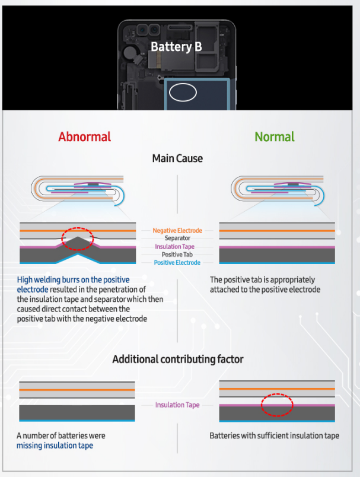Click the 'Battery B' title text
point(176,46)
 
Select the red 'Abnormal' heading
point(84,136)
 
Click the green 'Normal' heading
point(275,136)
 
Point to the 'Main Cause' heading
point(177,158)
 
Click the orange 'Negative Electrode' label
point(177,230)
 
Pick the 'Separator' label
point(177,238)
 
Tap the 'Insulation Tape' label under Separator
point(177,246)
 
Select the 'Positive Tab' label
point(177,255)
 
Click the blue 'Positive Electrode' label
point(177,262)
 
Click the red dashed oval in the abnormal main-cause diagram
point(78,238)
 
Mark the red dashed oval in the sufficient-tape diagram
point(278,405)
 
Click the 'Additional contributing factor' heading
point(177,359)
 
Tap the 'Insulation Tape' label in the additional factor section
point(177,405)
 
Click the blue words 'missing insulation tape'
point(55,445)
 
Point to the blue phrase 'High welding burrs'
point(49,279)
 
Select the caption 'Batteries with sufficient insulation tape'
point(274,435)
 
